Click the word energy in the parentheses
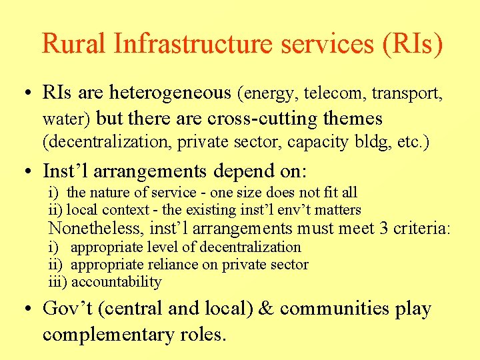pos(274,93)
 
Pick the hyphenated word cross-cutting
pos(265,119)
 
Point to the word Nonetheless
pos(97,229)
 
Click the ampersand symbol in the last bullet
pos(269,309)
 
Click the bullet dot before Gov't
pos(29,310)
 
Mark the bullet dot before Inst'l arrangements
pos(29,171)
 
